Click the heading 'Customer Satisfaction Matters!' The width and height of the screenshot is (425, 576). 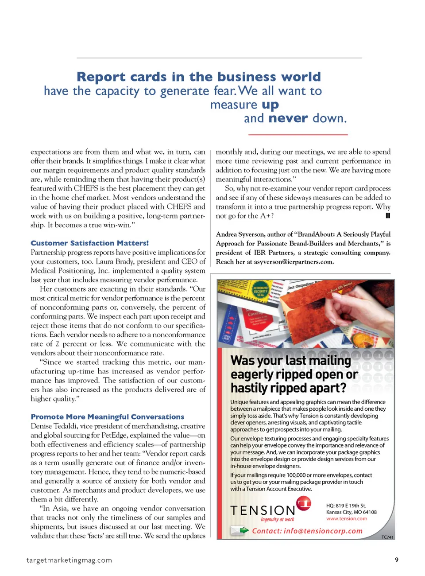89,243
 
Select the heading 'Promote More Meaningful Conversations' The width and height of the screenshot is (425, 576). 107,416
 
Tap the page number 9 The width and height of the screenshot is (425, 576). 396,560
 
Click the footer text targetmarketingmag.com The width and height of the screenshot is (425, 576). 69,560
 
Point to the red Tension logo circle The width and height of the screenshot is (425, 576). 304,503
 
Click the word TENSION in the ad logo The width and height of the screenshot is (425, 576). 262,511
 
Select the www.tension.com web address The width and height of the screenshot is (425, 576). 346,518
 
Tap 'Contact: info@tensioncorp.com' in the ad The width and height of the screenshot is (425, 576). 307,531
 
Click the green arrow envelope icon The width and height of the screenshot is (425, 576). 240,530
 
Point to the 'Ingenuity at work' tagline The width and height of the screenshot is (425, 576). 277,519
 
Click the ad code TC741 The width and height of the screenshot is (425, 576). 387,537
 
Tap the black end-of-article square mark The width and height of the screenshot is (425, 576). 388,216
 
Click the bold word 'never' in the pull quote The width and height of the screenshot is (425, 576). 288,118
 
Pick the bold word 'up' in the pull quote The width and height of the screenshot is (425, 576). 270,105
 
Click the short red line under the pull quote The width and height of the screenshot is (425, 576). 297,134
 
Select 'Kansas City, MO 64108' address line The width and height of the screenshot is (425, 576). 351,512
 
